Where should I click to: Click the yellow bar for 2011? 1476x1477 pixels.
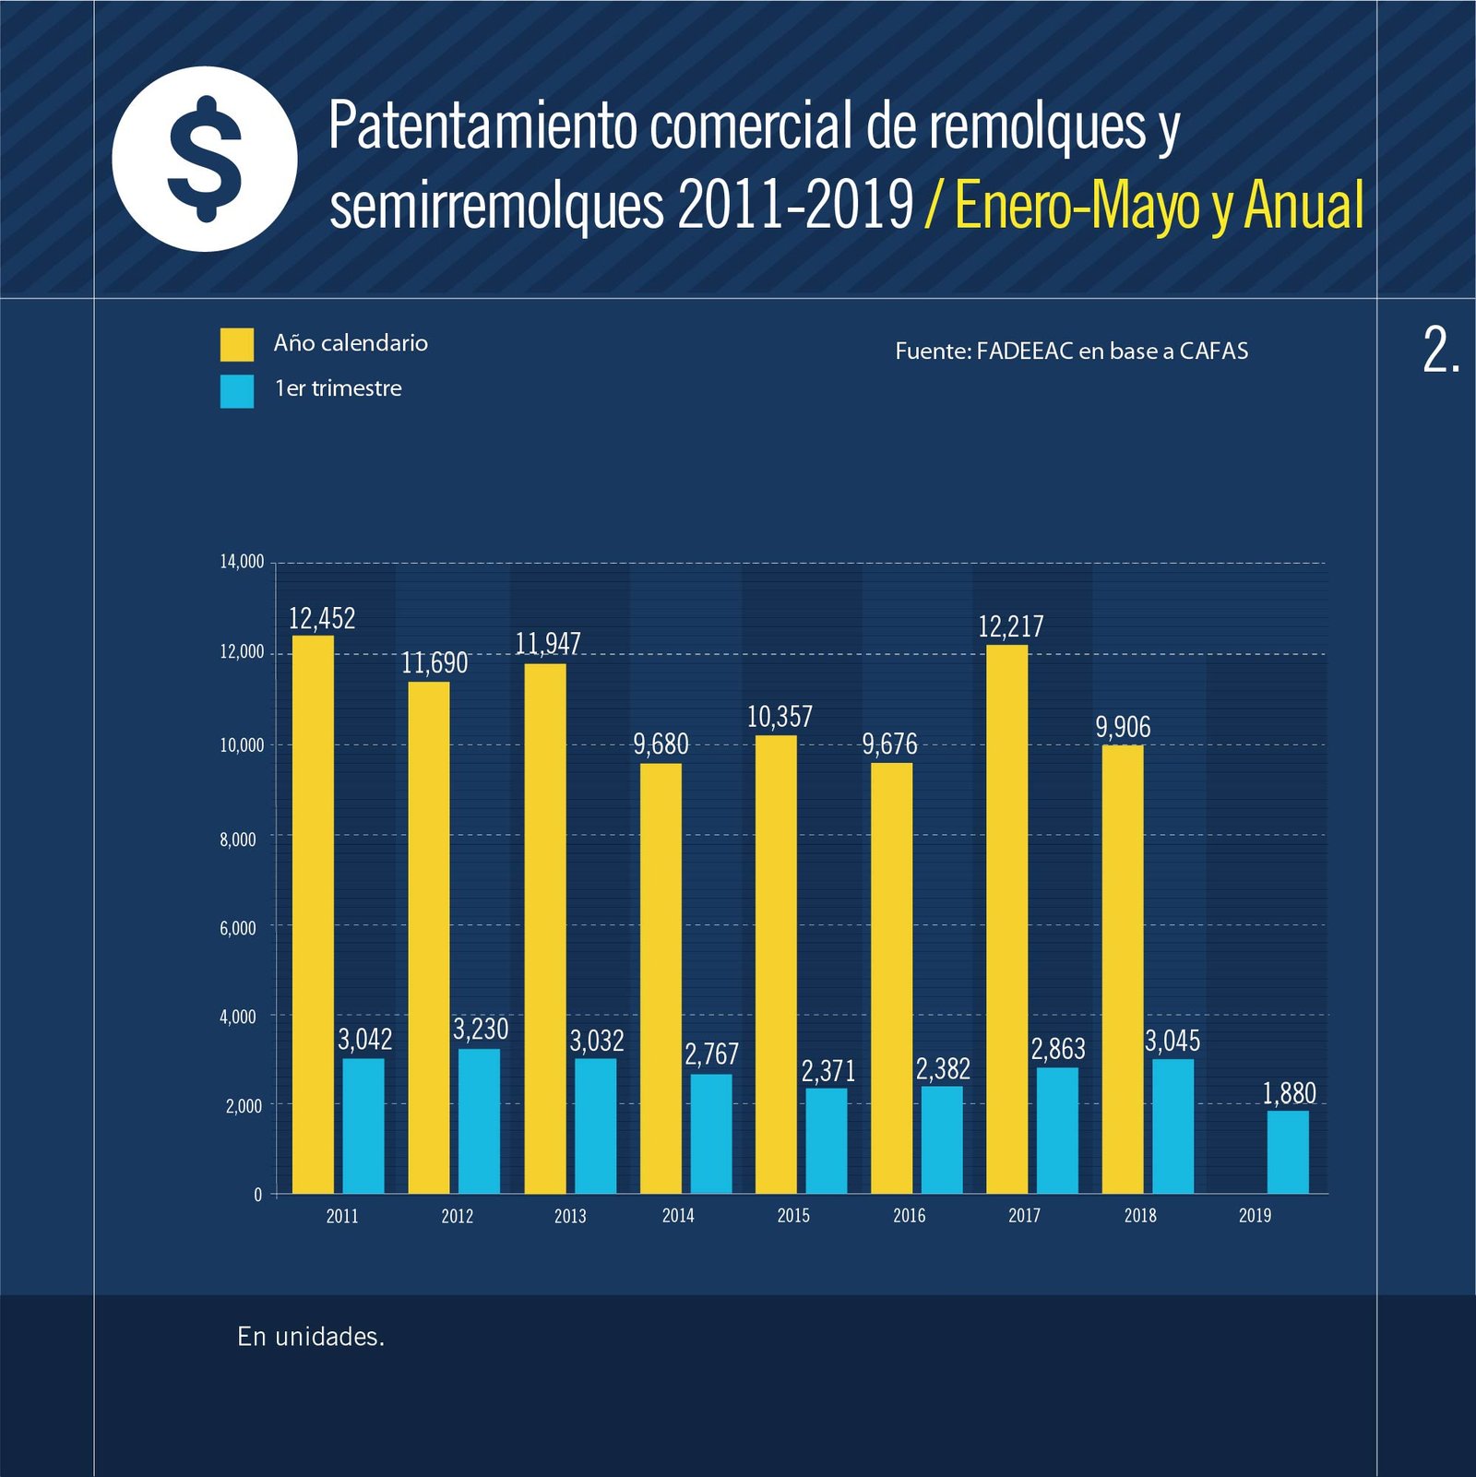pos(313,913)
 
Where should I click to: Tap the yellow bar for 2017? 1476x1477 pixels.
pos(1006,918)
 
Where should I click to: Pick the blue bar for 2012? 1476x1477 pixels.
pos(479,1121)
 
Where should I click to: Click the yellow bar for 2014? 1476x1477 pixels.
pos(661,978)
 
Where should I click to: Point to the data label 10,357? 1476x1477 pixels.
pos(780,717)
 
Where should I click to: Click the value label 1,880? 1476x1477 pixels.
pos(1289,1093)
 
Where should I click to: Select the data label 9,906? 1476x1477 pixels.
pos(1123,727)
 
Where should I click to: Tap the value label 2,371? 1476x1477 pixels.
pos(827,1071)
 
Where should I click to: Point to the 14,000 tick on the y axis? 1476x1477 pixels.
pos(242,562)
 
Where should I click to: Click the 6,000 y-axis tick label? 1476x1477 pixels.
pos(238,928)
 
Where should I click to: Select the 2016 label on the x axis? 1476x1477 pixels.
pos(909,1216)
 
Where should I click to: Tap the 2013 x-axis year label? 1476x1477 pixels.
pos(570,1216)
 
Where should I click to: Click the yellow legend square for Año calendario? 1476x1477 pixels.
pos(237,344)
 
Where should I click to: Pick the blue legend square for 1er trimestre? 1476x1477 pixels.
pos(237,391)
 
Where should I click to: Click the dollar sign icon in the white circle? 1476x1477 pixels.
pos(205,159)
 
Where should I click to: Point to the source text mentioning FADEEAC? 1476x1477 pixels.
pos(1071,351)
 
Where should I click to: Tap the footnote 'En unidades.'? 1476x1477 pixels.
pos(311,1337)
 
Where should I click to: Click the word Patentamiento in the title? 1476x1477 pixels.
pos(483,126)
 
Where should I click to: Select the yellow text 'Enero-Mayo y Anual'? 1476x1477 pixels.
pos(1159,205)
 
